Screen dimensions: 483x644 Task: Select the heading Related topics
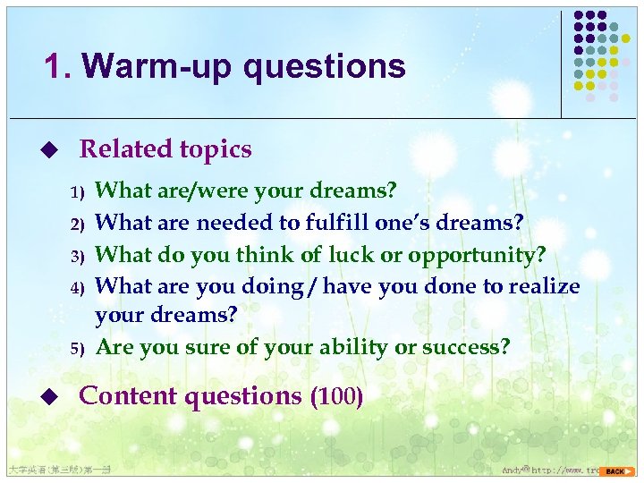coord(165,149)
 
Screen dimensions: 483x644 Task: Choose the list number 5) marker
coord(77,348)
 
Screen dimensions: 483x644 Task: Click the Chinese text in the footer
coord(57,470)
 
